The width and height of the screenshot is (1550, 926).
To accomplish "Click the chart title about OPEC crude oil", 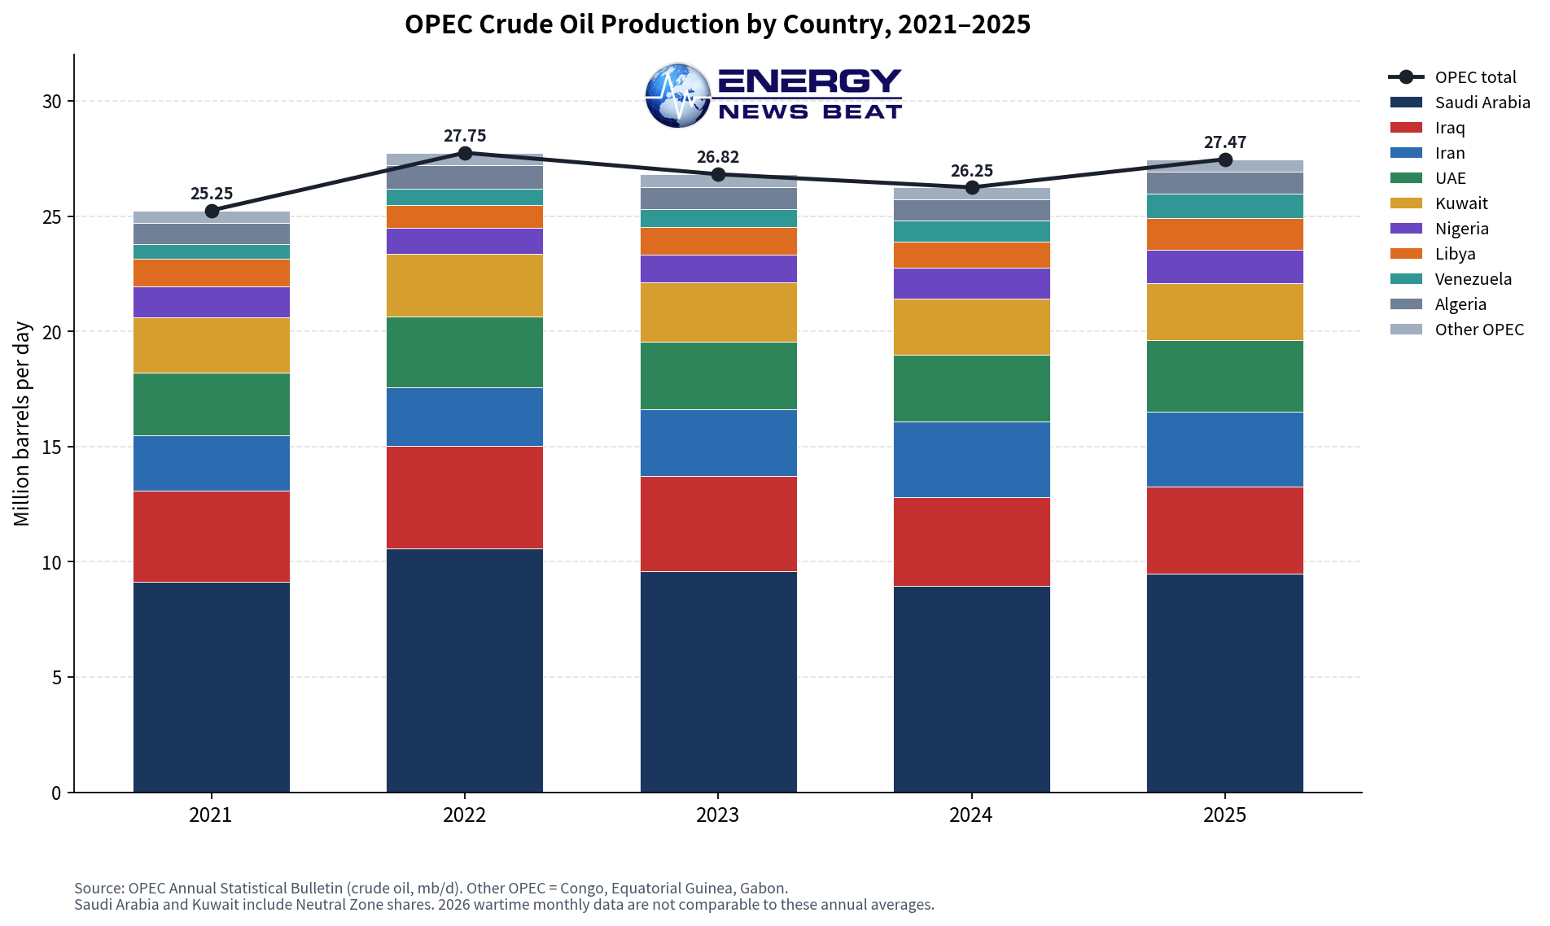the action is (717, 24).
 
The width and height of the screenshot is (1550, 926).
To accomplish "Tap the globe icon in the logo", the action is (678, 95).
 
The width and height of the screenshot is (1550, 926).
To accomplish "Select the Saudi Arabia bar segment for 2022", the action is (465, 670).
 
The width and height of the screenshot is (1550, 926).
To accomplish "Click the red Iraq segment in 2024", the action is (972, 542).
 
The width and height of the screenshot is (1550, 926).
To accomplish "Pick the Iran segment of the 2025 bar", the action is (1225, 450).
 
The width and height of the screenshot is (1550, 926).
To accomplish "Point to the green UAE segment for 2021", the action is (212, 404).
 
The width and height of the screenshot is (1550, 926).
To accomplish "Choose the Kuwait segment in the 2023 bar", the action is (719, 312).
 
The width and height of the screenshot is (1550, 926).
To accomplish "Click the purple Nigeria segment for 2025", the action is (1225, 267).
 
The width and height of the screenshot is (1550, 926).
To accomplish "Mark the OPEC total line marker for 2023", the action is (718, 174).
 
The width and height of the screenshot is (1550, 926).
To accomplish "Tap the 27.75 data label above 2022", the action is (465, 136).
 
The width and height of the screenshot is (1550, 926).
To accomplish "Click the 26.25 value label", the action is (972, 171).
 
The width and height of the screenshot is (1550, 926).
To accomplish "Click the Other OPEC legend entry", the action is (1456, 330).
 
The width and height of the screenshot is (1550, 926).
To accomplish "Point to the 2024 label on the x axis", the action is (971, 815).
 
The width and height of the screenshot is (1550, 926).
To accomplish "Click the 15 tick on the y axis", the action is (52, 448).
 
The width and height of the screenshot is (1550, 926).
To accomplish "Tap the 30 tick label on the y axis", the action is (52, 102).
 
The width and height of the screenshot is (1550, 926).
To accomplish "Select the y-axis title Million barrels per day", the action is (22, 424).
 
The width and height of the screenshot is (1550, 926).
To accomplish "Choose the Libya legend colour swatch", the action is (1406, 254).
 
